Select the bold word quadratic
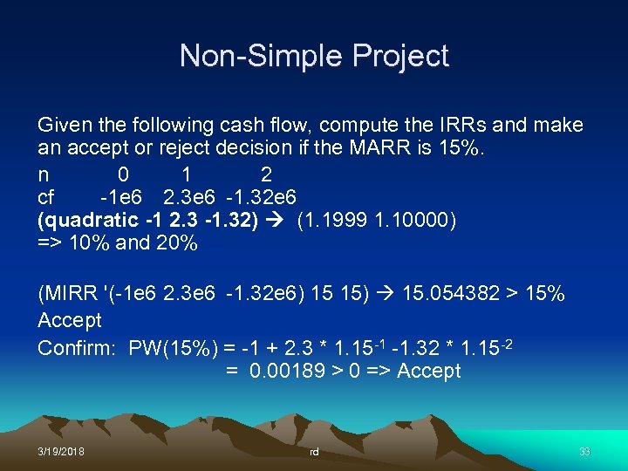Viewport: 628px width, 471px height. pos(87,220)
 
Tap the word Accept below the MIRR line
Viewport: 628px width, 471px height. pos(70,320)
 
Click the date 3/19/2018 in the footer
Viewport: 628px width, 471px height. pos(61,453)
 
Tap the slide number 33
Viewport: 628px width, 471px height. pos(584,453)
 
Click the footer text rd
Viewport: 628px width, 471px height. pos(314,453)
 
